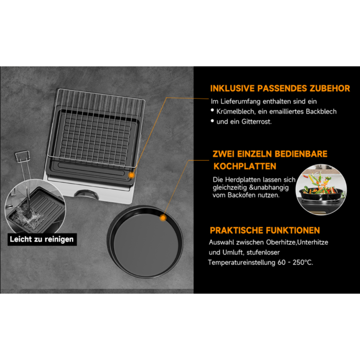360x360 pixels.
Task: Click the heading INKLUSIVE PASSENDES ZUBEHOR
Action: coord(280,88)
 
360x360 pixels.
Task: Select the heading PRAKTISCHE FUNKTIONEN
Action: coord(264,230)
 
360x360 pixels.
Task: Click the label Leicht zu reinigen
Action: coord(42,239)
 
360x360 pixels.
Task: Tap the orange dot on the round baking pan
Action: coord(163,218)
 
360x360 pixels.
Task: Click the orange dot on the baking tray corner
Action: coord(132,174)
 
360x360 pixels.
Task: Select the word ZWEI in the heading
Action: coord(225,154)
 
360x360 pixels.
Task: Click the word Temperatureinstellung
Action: coord(239,262)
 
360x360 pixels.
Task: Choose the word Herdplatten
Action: coord(246,179)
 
